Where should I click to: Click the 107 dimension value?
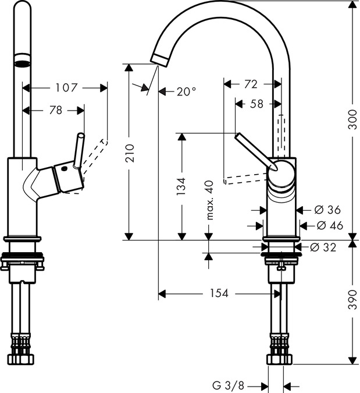click(66, 88)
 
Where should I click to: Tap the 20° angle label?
click(186, 91)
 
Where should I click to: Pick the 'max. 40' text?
click(209, 200)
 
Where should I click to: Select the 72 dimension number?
click(250, 84)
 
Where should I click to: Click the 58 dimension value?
click(256, 104)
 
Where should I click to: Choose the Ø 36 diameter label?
click(327, 210)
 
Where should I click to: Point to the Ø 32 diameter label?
click(323, 247)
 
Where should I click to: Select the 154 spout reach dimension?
click(219, 293)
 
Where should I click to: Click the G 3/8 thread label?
click(228, 385)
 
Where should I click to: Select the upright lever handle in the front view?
click(79, 150)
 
